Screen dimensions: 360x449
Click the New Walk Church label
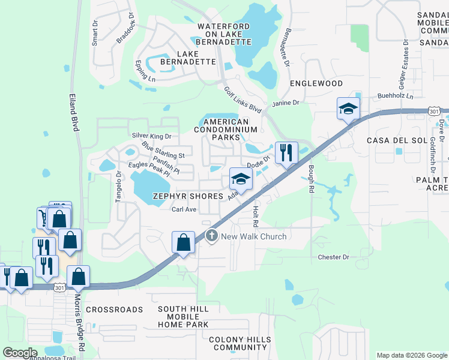tap(254, 236)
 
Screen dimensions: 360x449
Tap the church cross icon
tap(211, 236)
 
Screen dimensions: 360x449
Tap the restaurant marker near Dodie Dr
tap(286, 153)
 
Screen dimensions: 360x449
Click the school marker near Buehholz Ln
tap(348, 109)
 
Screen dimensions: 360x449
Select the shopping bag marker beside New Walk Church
tap(184, 242)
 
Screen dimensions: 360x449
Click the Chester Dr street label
tap(333, 257)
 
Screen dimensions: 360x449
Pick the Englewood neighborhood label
tap(316, 83)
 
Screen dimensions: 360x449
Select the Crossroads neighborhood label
tap(115, 310)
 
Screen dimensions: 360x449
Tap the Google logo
tap(20, 353)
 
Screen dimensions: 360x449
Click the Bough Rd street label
tap(312, 179)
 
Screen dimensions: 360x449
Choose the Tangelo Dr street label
tap(118, 188)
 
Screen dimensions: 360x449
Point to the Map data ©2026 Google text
tap(411, 355)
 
